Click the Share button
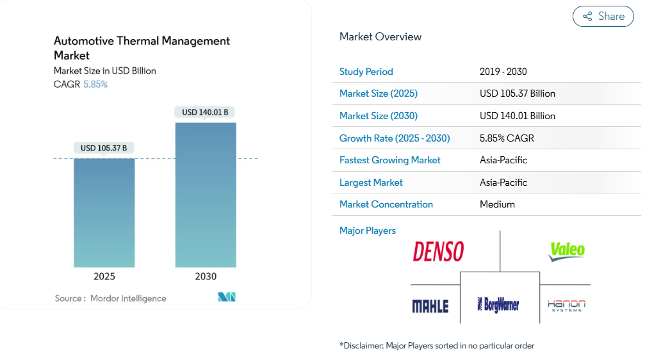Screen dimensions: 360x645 [603, 17]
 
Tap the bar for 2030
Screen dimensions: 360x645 [206, 195]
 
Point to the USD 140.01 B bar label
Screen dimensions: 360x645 [206, 112]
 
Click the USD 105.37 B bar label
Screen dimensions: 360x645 [104, 148]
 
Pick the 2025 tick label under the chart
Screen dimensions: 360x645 [104, 277]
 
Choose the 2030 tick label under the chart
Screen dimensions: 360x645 [206, 277]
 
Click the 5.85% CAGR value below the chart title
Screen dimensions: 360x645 [95, 84]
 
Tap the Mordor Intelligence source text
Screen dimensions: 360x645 [128, 299]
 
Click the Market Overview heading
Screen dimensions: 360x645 [380, 37]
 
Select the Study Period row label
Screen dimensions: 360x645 [366, 72]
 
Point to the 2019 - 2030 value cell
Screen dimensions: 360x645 [503, 72]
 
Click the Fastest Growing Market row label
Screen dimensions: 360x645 [390, 160]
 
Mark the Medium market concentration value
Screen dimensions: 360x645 [497, 204]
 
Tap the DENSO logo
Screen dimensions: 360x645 [438, 251]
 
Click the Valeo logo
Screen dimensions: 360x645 [567, 250]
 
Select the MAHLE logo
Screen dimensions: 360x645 [430, 306]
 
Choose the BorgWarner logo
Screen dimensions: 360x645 [499, 304]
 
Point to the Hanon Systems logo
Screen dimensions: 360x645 [566, 305]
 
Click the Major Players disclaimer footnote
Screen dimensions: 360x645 [437, 346]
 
